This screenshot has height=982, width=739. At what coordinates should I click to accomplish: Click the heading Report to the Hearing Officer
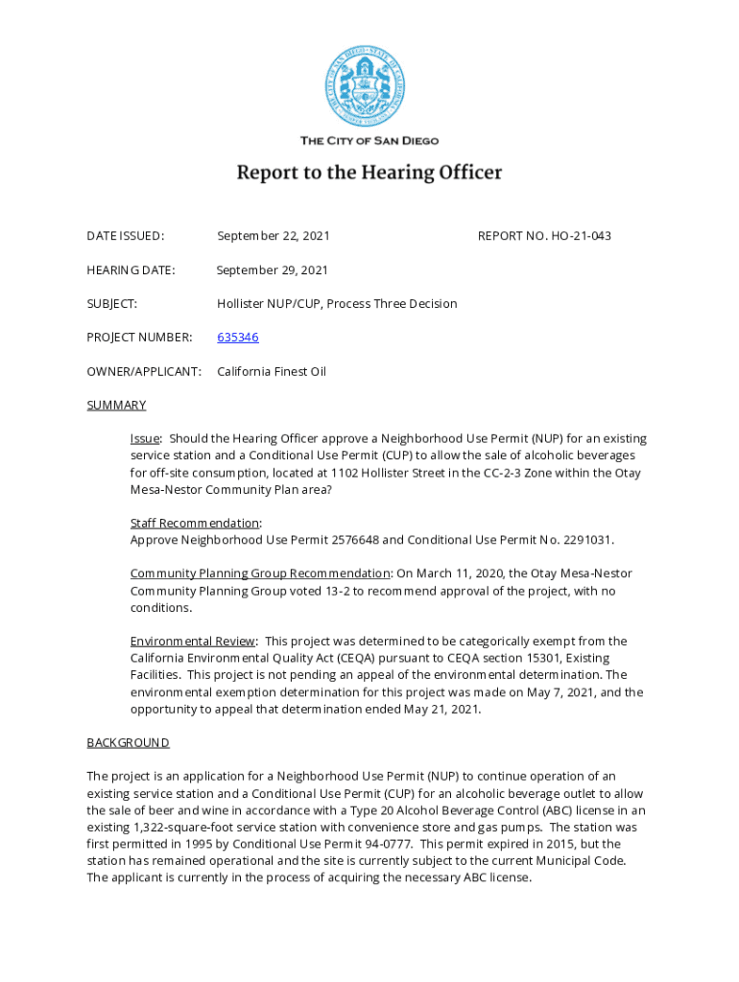pos(369,173)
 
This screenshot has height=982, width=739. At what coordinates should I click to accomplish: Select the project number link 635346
pos(237,338)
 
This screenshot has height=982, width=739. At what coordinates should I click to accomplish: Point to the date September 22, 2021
pos(274,236)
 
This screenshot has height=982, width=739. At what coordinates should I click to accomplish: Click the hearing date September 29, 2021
pos(273,270)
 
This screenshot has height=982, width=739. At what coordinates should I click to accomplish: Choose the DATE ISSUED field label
pos(125,236)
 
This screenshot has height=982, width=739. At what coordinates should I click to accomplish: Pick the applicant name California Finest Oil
pos(272,371)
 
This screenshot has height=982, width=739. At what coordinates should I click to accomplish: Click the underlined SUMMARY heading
pos(116,405)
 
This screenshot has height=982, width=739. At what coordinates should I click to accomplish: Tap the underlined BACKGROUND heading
pos(128,742)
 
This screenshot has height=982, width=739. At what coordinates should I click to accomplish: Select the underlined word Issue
pos(145,438)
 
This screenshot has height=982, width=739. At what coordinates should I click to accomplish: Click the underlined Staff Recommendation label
pos(195,523)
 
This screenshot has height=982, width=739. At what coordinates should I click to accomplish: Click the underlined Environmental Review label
pos(193,641)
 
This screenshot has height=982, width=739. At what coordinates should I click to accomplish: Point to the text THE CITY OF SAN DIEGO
pos(369,141)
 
